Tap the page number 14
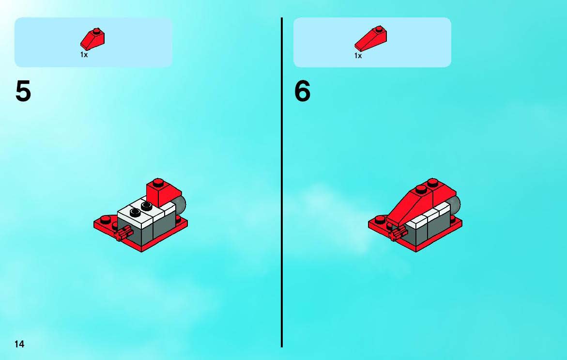point(19,344)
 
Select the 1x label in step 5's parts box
point(84,55)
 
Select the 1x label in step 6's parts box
point(358,56)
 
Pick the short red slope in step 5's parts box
point(92,39)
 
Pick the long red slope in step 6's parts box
point(370,38)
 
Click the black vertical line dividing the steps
point(282,182)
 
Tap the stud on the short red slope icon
point(96,31)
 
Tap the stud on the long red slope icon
point(379,28)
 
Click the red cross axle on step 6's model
point(397,234)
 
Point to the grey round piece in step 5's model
point(180,205)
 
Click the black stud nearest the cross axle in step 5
point(136,212)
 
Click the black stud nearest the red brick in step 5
point(146,206)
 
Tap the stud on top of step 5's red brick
point(158,181)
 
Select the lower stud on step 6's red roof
point(421,189)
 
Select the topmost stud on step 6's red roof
point(432,182)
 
